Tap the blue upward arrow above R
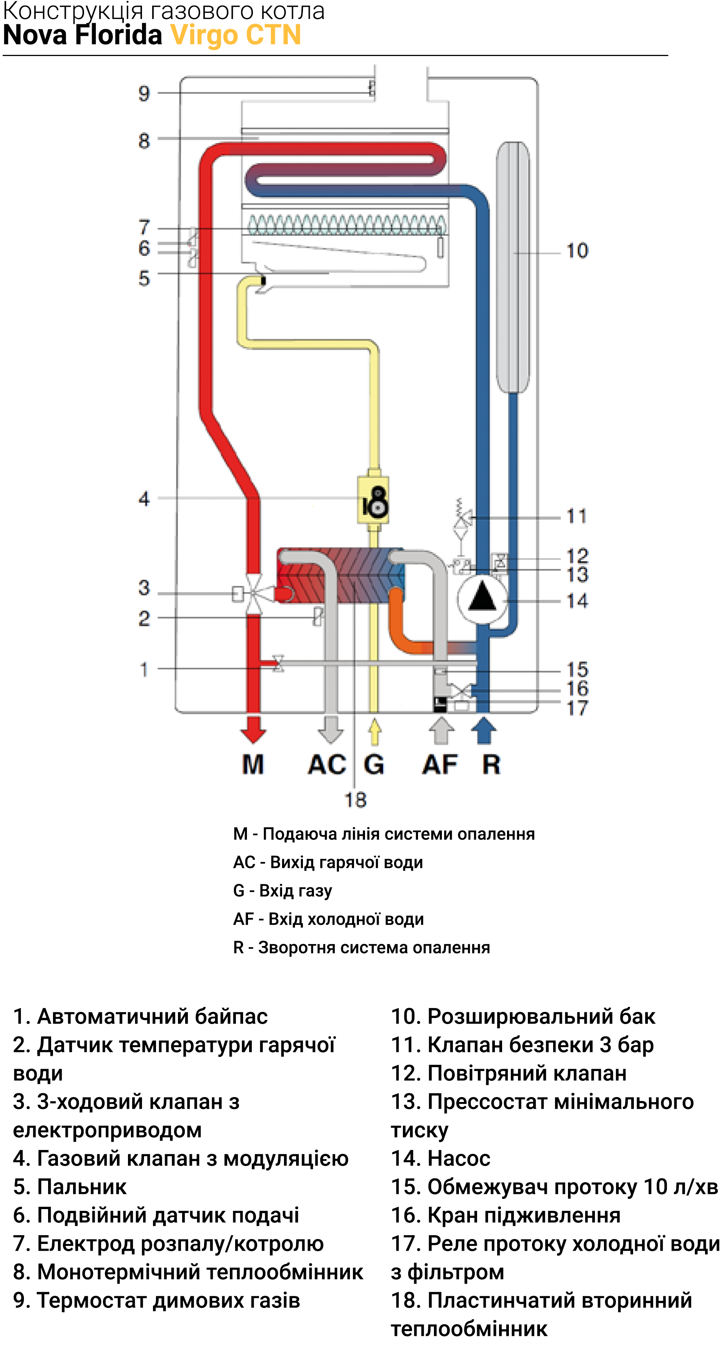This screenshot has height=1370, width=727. (x=484, y=730)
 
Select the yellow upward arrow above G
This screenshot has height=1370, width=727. (x=374, y=731)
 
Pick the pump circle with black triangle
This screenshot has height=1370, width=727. (x=482, y=599)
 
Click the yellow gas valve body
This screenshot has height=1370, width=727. (x=373, y=499)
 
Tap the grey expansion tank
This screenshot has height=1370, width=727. (x=513, y=267)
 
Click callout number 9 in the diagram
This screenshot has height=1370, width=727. (x=144, y=94)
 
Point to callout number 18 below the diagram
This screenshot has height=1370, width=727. (x=355, y=800)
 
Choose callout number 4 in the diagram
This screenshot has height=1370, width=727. (x=144, y=499)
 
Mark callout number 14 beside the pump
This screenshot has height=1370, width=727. (x=577, y=601)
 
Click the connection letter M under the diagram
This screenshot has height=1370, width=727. (x=253, y=764)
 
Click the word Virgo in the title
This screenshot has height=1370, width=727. (x=204, y=35)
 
